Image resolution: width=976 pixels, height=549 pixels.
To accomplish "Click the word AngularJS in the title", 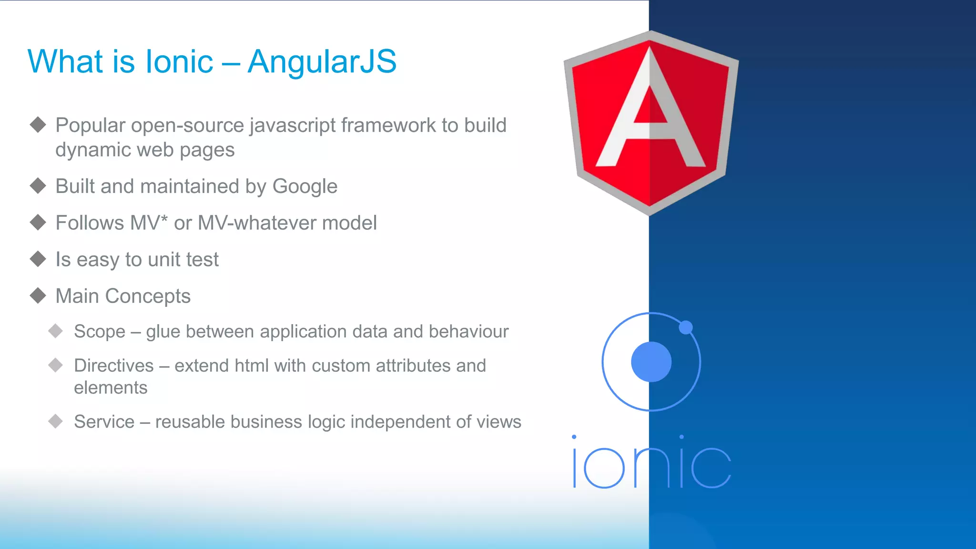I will (322, 61).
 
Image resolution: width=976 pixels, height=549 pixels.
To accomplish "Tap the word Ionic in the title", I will (179, 61).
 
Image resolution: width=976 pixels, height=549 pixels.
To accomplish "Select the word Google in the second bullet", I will (305, 186).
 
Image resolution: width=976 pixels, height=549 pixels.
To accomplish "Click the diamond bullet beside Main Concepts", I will (38, 295).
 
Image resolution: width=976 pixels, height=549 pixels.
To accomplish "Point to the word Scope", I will (100, 332).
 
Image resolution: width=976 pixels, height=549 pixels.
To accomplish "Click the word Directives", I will (113, 366).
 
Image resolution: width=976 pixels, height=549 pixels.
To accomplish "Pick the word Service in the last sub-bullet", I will (104, 422).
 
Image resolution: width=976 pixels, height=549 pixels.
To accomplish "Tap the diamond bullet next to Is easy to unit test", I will (38, 259).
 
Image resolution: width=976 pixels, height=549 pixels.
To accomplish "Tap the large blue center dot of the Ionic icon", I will (651, 362).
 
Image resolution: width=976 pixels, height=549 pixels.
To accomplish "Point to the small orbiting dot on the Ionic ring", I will (685, 327).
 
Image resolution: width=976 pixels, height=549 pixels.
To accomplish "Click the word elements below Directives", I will (111, 388).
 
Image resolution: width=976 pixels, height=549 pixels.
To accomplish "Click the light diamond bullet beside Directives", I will (56, 366).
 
